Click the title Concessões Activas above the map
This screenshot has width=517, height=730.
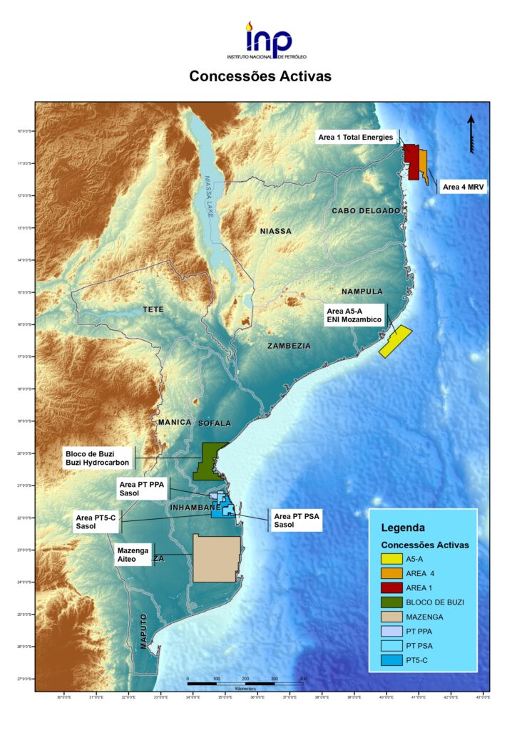260,76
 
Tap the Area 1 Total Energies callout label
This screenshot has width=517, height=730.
355,138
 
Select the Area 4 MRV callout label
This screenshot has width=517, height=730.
460,187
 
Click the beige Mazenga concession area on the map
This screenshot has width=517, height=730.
216,558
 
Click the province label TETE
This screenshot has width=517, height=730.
153,309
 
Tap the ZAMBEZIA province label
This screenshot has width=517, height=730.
289,346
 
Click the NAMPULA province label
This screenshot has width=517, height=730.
362,291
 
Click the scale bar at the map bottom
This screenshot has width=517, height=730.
245,683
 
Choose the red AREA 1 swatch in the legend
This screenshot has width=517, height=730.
391,587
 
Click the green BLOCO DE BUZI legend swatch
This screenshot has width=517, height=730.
391,602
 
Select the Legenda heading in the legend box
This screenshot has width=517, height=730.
403,528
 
